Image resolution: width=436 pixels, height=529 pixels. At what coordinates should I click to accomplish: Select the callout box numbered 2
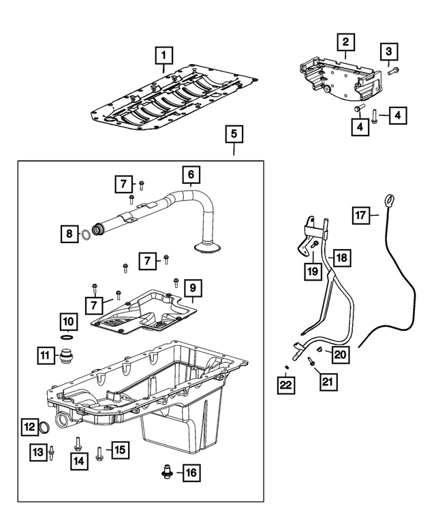[x=345, y=42]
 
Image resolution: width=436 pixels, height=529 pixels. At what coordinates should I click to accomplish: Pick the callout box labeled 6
[x=191, y=176]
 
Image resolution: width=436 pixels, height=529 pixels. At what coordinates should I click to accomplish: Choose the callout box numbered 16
[x=191, y=471]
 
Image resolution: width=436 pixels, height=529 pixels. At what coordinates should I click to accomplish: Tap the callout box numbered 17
[x=361, y=216]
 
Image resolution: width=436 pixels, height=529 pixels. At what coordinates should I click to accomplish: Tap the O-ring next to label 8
[x=87, y=236]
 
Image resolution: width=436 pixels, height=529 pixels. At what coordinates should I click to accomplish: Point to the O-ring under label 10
[x=67, y=337]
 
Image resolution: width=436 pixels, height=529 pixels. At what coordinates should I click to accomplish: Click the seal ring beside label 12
[x=44, y=428]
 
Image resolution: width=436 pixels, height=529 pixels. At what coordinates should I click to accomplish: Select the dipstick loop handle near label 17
[x=389, y=199]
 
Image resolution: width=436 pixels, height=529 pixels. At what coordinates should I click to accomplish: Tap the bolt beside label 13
[x=50, y=451]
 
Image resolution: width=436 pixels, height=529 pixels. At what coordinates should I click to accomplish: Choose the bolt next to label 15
[x=99, y=452]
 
